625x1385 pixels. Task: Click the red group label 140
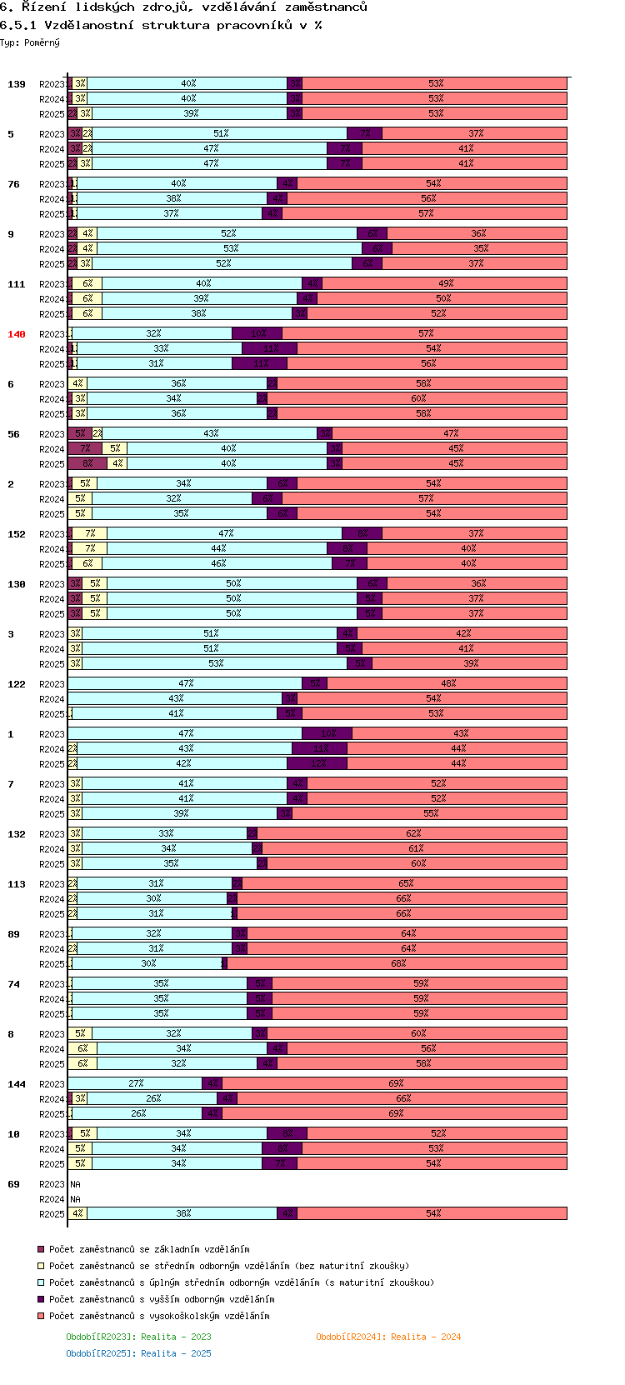(x=17, y=334)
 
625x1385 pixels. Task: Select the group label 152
(x=17, y=534)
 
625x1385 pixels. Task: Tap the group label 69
(x=13, y=1184)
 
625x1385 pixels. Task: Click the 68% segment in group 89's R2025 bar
(x=397, y=964)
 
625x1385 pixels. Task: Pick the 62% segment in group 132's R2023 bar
(x=412, y=834)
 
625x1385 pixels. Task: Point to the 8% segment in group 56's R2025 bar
(x=87, y=464)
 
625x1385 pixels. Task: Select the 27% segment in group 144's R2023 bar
(x=136, y=1084)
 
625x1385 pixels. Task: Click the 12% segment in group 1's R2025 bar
(x=317, y=764)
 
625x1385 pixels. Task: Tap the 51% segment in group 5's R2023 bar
(x=220, y=134)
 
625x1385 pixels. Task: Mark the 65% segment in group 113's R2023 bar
(x=405, y=884)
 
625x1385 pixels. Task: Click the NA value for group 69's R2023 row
(x=75, y=1184)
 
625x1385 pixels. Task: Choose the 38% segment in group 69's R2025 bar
(x=182, y=1214)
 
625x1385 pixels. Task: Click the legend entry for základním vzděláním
(x=149, y=1249)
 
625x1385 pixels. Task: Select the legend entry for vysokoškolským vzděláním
(x=158, y=1316)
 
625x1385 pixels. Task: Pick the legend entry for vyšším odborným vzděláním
(x=161, y=1299)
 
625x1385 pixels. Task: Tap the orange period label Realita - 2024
(x=388, y=1337)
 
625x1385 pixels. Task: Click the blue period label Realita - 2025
(x=138, y=1353)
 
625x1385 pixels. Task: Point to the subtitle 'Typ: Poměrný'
(x=30, y=42)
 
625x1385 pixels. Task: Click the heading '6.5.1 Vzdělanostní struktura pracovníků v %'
(x=161, y=25)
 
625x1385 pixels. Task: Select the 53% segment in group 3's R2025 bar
(x=215, y=664)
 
